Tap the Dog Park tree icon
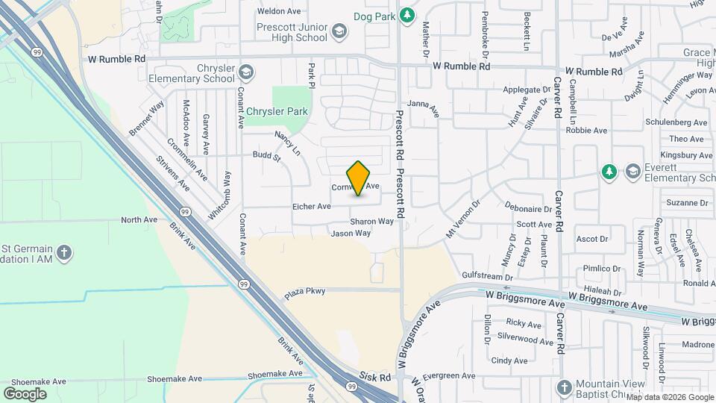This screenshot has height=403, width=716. pyautogui.click(x=406, y=14)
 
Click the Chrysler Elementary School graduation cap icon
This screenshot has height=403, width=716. pyautogui.click(x=247, y=72)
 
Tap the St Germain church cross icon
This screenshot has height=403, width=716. pyautogui.click(x=64, y=252)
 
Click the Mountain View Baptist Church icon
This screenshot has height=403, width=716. pyautogui.click(x=565, y=387)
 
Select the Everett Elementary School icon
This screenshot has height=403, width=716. pyautogui.click(x=633, y=172)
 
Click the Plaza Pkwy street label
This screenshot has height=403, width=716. pyautogui.click(x=305, y=292)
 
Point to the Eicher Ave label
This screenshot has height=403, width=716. pyautogui.click(x=312, y=207)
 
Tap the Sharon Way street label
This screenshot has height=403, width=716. pyautogui.click(x=371, y=222)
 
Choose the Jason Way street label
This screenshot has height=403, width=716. pyautogui.click(x=351, y=234)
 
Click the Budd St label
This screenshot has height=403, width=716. pyautogui.click(x=266, y=157)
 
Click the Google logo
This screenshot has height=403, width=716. pyautogui.click(x=25, y=393)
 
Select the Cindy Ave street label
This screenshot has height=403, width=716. pyautogui.click(x=509, y=360)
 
